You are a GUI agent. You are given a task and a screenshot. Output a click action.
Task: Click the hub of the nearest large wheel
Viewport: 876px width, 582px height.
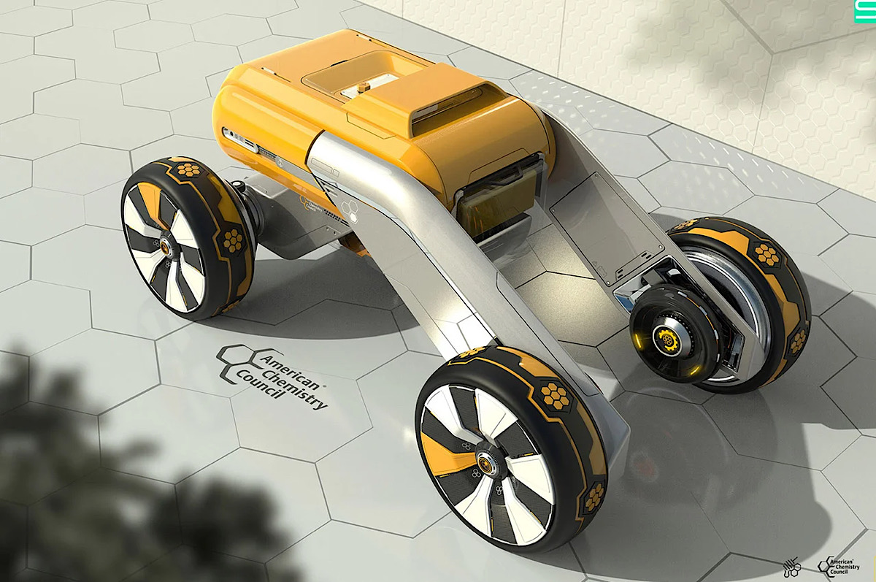485,462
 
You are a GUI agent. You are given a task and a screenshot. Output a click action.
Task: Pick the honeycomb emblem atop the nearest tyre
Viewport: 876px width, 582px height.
556,394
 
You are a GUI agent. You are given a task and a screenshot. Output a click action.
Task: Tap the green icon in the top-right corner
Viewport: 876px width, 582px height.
865,9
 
